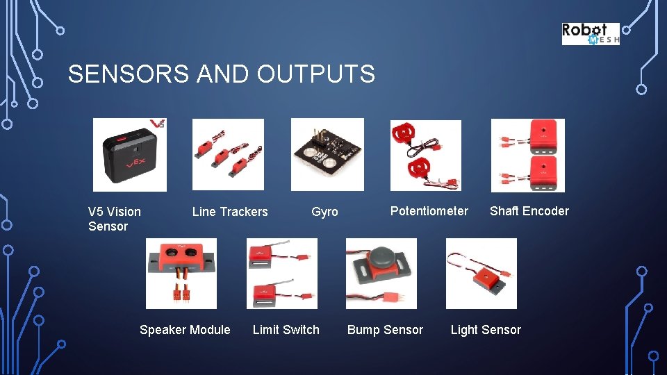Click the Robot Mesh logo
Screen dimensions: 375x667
coord(590,34)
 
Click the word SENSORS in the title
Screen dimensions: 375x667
coord(129,74)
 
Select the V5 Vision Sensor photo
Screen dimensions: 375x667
coord(130,154)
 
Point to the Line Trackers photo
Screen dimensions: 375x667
coord(228,154)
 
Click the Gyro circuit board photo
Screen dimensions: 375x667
coord(327,154)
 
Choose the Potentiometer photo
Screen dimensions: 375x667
coord(425,155)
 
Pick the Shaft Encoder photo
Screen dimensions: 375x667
coord(527,155)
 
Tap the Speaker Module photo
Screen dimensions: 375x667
coord(181,274)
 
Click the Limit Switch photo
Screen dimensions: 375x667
coord(281,274)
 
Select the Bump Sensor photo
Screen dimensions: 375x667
coord(381,274)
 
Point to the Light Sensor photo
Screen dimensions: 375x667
coord(481,274)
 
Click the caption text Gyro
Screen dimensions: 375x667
coord(324,212)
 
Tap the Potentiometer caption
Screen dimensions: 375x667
coord(429,211)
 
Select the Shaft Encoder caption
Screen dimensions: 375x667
coord(529,211)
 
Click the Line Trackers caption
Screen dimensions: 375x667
coord(230,212)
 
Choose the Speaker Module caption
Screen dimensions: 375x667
coord(185,330)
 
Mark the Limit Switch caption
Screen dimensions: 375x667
coord(286,330)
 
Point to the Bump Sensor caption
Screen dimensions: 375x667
coord(385,330)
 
